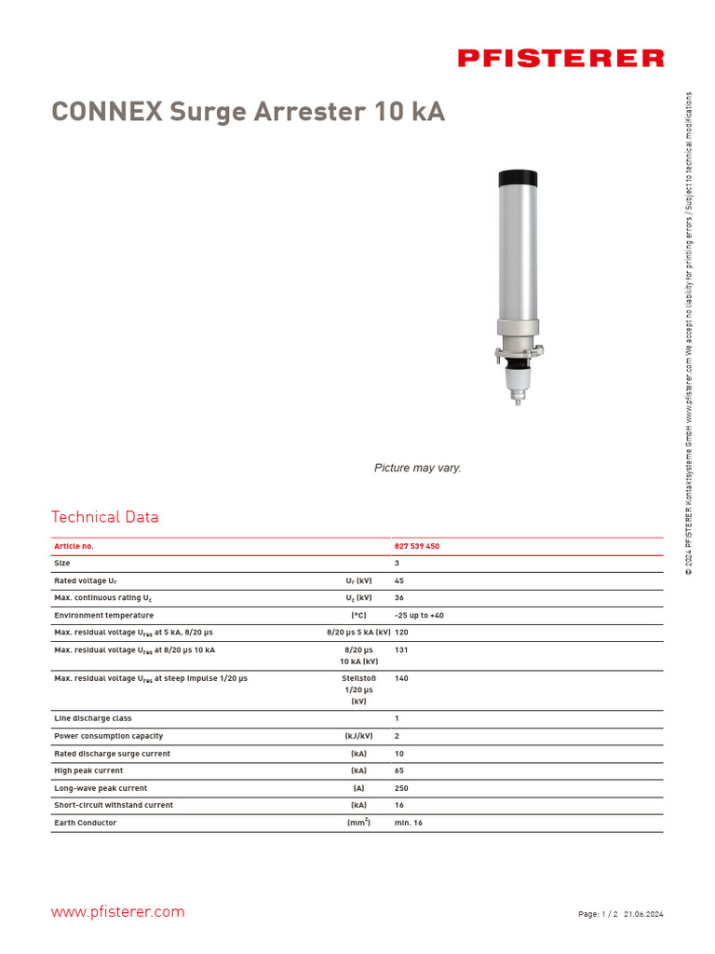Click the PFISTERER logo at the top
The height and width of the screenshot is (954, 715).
[560, 59]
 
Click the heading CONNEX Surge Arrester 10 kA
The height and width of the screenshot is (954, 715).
[248, 112]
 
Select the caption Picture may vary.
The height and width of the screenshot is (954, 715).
[417, 468]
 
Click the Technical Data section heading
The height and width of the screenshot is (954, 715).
[105, 517]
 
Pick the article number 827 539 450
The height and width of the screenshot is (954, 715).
[417, 546]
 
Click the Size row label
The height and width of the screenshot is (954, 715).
[62, 564]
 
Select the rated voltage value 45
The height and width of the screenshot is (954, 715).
[399, 580]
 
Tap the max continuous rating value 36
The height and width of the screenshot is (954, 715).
[399, 598]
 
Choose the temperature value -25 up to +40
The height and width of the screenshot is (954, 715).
[419, 616]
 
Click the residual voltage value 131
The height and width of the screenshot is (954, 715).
[402, 650]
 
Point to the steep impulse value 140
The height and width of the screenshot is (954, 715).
[402, 679]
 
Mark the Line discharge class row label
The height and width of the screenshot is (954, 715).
[93, 718]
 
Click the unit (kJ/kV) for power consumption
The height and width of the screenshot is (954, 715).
[358, 736]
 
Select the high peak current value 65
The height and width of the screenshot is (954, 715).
[399, 770]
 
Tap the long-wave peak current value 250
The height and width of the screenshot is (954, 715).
[402, 788]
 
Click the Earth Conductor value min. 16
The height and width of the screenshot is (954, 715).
[409, 823]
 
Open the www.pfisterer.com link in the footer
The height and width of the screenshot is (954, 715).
[117, 912]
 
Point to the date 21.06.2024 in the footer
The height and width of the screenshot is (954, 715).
[643, 915]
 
